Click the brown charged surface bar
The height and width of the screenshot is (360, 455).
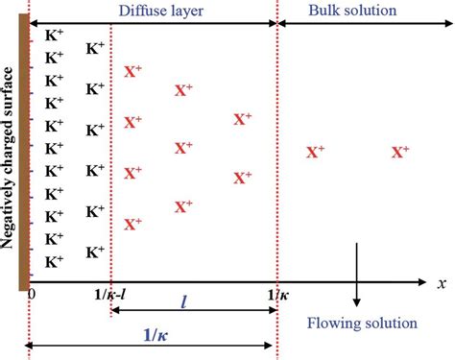click(x=23, y=155)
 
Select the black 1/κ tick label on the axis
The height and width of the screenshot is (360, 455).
click(x=276, y=295)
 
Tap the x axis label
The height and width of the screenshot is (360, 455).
click(x=441, y=285)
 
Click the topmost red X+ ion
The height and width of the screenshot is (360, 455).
click(x=132, y=71)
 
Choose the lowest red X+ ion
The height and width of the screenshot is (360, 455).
click(x=132, y=224)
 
